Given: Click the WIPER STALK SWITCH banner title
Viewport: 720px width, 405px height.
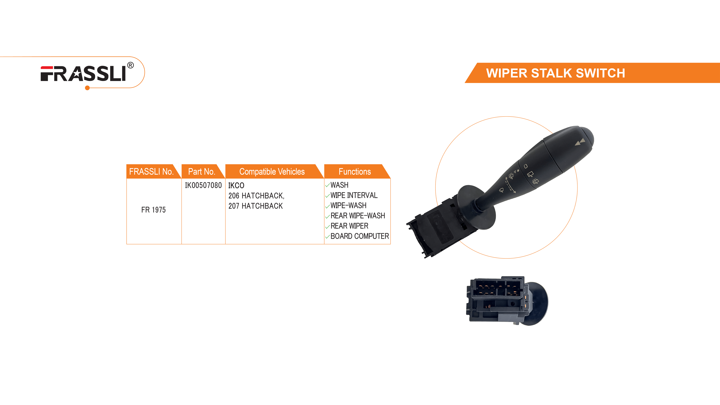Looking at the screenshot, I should (x=555, y=73).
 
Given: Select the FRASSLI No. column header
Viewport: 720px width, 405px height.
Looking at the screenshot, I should (x=151, y=172).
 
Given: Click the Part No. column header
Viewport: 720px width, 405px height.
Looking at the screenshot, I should (x=202, y=172).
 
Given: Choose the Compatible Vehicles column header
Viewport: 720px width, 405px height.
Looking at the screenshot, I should (x=272, y=172).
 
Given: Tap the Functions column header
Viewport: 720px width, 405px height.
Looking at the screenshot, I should (x=354, y=172).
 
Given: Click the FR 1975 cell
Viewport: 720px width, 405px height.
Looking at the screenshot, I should (x=153, y=210).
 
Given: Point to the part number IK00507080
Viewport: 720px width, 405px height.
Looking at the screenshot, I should (x=203, y=185).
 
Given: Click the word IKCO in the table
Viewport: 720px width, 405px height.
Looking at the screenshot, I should (x=236, y=185).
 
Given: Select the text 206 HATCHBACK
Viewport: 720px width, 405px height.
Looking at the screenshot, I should (x=256, y=196).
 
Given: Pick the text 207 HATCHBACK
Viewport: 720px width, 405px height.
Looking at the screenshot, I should (x=255, y=206).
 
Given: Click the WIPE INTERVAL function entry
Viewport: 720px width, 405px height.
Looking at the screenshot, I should (x=354, y=195).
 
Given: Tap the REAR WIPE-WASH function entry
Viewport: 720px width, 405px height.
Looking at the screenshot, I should (x=357, y=216).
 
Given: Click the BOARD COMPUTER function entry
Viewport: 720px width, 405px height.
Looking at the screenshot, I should (x=359, y=236).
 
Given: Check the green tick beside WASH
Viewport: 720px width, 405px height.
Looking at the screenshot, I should (x=327, y=186).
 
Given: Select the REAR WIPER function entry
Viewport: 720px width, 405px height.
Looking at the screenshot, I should (x=349, y=226).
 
